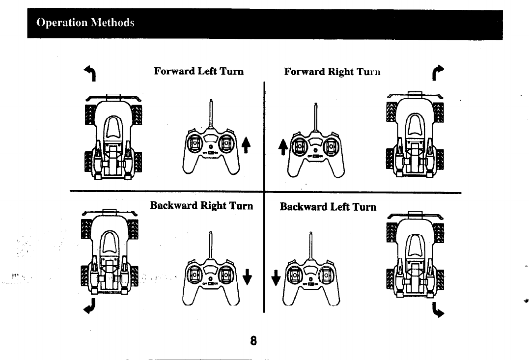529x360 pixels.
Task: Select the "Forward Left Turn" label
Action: pyautogui.click(x=198, y=71)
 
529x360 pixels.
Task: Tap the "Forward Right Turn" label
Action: pyautogui.click(x=333, y=72)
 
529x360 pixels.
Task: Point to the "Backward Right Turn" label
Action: pyautogui.click(x=201, y=205)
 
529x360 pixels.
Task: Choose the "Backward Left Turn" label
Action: pyautogui.click(x=328, y=207)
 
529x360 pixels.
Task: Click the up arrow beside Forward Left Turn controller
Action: pyautogui.click(x=244, y=145)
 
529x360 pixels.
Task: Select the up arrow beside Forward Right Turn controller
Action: pyautogui.click(x=282, y=146)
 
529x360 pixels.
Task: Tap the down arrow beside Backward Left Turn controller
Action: pyautogui.click(x=277, y=277)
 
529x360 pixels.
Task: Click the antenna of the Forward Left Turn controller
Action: pyautogui.click(x=211, y=115)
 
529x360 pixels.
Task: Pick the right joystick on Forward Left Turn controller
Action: pyautogui.click(x=227, y=143)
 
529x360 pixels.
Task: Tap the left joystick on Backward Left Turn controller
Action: pyautogui.click(x=295, y=275)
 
